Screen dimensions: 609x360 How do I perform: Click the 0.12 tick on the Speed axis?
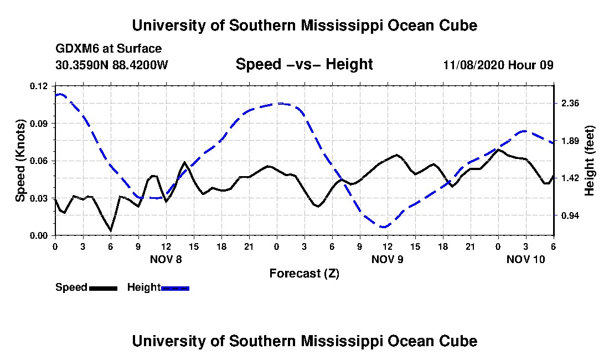(x=38, y=86)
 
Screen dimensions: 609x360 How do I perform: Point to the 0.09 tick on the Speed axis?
(x=38, y=124)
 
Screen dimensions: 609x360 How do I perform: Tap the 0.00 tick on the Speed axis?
(x=38, y=236)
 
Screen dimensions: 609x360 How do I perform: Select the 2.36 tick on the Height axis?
(x=570, y=104)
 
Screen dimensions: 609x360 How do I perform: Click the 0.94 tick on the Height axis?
(x=570, y=215)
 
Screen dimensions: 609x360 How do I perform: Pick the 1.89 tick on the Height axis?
(x=570, y=141)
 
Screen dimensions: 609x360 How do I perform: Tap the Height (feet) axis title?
(x=589, y=161)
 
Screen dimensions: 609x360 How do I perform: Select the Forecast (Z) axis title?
(x=304, y=274)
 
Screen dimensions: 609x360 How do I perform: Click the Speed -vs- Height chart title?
(x=304, y=64)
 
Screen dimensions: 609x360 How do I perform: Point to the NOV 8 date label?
(x=166, y=259)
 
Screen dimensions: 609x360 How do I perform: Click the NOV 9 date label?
(x=387, y=259)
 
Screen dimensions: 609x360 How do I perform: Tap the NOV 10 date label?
(x=525, y=259)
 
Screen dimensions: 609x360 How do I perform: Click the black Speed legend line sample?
(x=103, y=288)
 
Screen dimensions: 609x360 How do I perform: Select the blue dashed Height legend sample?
(x=175, y=288)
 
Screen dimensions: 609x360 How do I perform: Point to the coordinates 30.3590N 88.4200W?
(x=112, y=65)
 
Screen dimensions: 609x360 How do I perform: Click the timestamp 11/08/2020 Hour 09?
(x=498, y=65)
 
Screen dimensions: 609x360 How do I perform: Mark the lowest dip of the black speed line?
(x=111, y=231)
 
